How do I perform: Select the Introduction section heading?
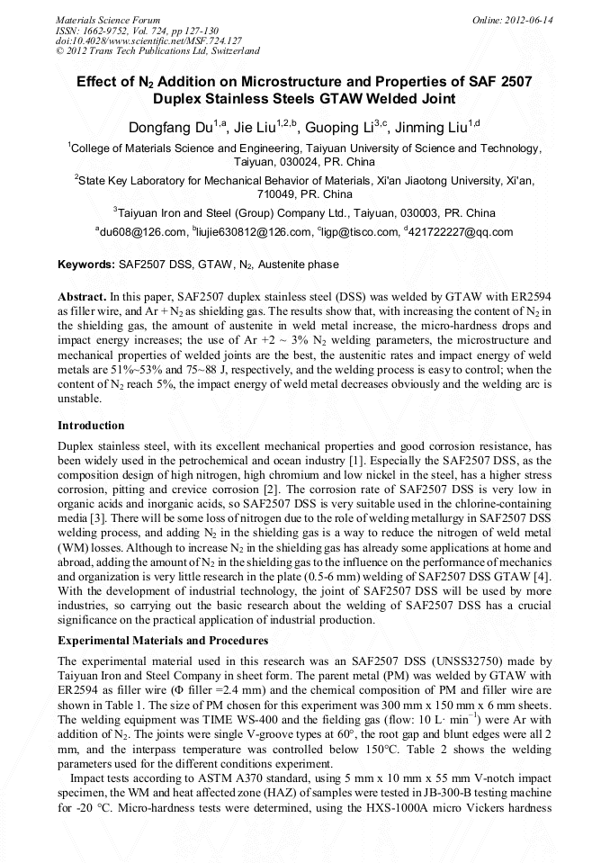(91, 425)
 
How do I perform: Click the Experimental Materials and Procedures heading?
(163, 640)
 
